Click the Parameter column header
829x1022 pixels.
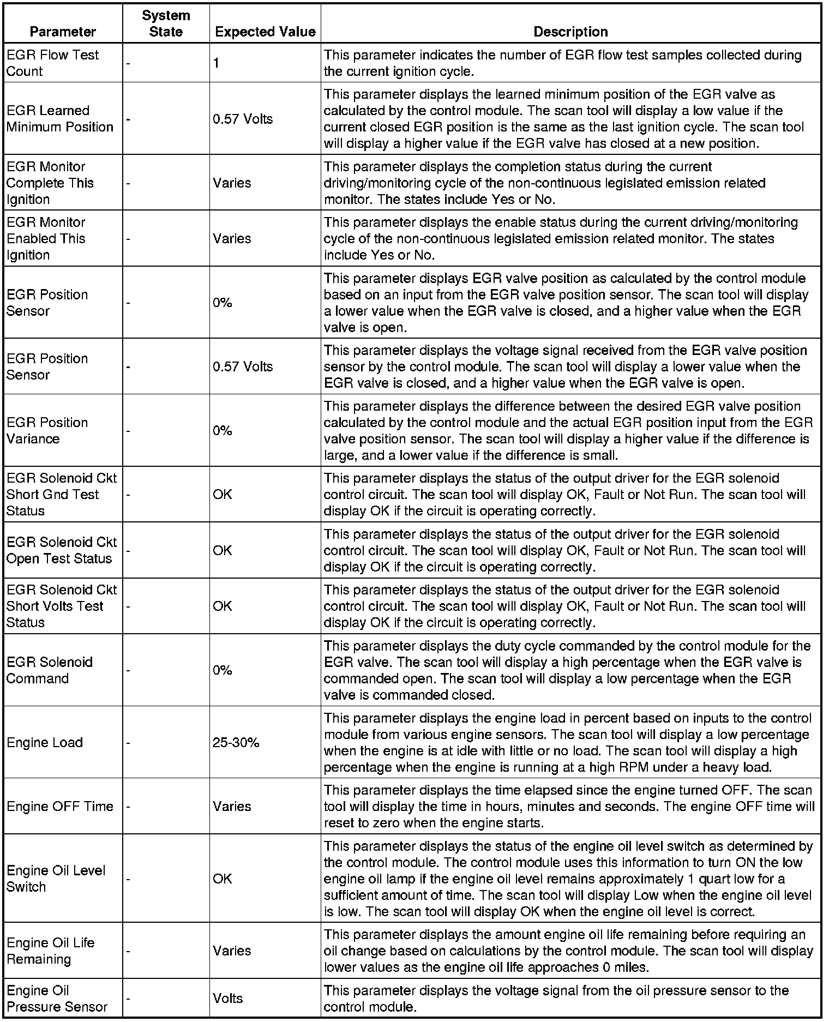[63, 32]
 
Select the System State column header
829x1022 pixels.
[166, 23]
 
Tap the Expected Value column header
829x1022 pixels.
[265, 32]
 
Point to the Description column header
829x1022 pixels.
[570, 32]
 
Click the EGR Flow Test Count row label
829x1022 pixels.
[52, 63]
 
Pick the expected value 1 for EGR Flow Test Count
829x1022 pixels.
[217, 63]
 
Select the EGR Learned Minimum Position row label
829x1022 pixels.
[60, 118]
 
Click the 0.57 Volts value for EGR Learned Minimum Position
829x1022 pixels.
[243, 119]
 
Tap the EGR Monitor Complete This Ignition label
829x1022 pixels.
[50, 183]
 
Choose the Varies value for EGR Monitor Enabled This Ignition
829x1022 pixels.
[232, 238]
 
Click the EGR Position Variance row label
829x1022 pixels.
[47, 430]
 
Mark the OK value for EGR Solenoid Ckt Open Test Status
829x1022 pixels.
[223, 550]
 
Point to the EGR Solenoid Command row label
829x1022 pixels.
[50, 670]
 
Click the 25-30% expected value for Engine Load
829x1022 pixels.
[236, 742]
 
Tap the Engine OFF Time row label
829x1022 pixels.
[60, 806]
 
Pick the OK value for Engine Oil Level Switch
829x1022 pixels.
[223, 879]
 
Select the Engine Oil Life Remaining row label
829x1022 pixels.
[51, 951]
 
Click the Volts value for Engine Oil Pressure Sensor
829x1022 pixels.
[227, 998]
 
